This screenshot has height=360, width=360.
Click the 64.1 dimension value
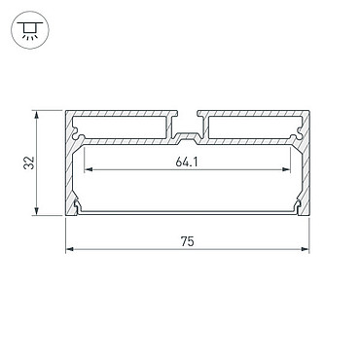(187, 162)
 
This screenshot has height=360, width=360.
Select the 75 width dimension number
(188, 241)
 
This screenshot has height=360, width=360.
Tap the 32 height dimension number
(28, 162)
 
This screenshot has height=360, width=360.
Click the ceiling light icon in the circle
(30, 30)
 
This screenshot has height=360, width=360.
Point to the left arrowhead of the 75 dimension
(70, 249)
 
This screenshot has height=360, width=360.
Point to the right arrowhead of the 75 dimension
(305, 249)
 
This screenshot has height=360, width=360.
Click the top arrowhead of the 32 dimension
(37, 115)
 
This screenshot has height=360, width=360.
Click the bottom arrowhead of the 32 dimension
(37, 211)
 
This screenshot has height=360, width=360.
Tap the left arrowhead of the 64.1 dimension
(89, 169)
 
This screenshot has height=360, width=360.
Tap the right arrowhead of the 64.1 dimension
(286, 169)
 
